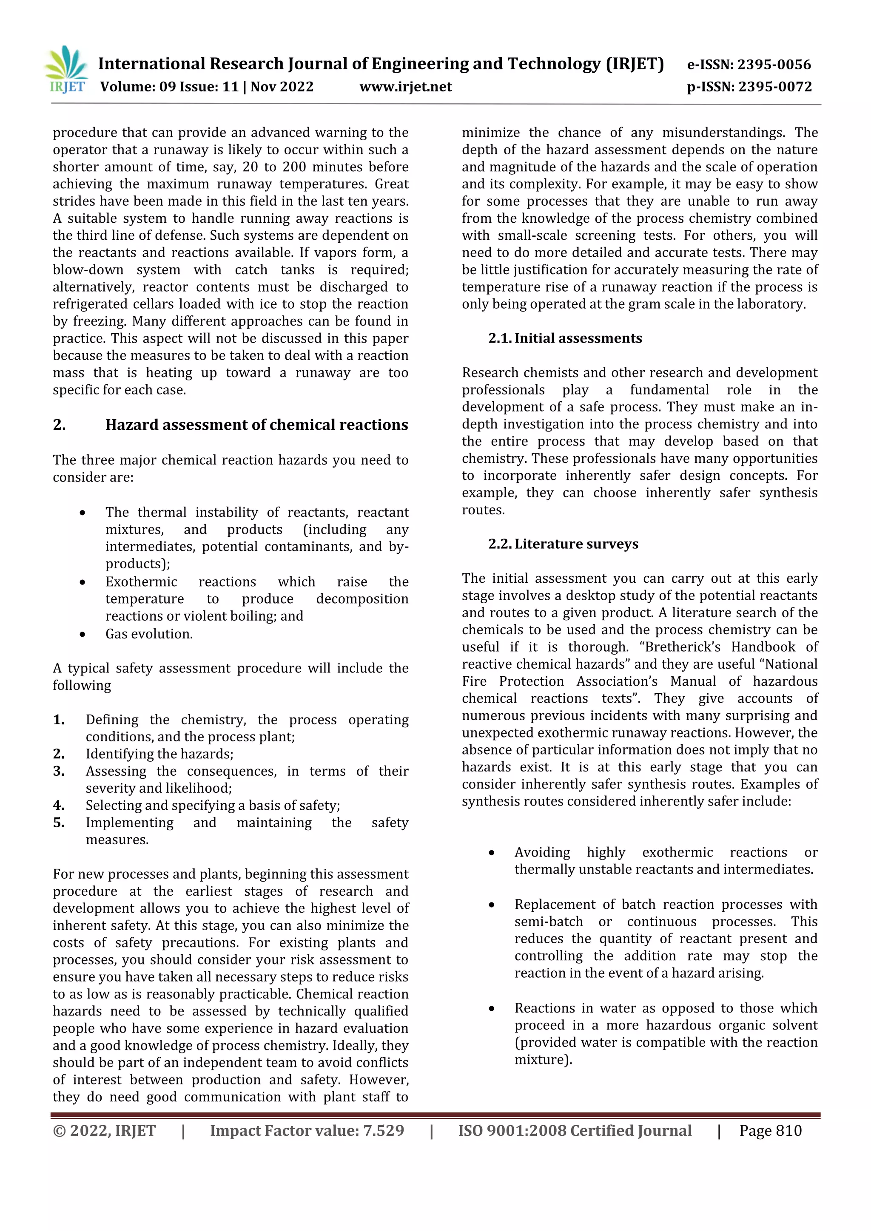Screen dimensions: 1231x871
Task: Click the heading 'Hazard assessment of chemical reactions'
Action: point(256,425)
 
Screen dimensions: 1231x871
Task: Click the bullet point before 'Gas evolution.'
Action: point(82,634)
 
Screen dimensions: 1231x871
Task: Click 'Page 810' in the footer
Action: point(770,1131)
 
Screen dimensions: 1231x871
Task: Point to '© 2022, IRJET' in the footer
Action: point(104,1131)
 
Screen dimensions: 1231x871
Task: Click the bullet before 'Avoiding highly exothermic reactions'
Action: point(491,853)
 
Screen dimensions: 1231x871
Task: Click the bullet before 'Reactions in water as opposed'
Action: point(491,1009)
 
